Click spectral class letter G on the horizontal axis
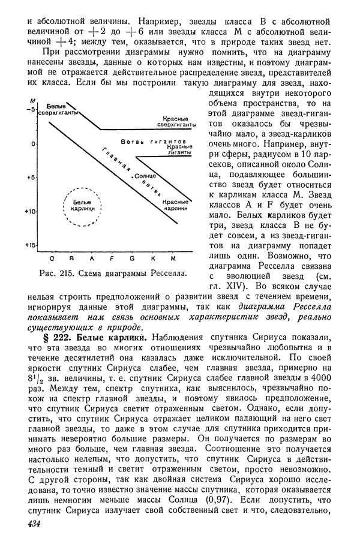tap(131, 258)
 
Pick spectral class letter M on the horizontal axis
tap(173, 258)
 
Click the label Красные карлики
tap(178, 206)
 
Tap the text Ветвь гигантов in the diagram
tap(152, 142)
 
